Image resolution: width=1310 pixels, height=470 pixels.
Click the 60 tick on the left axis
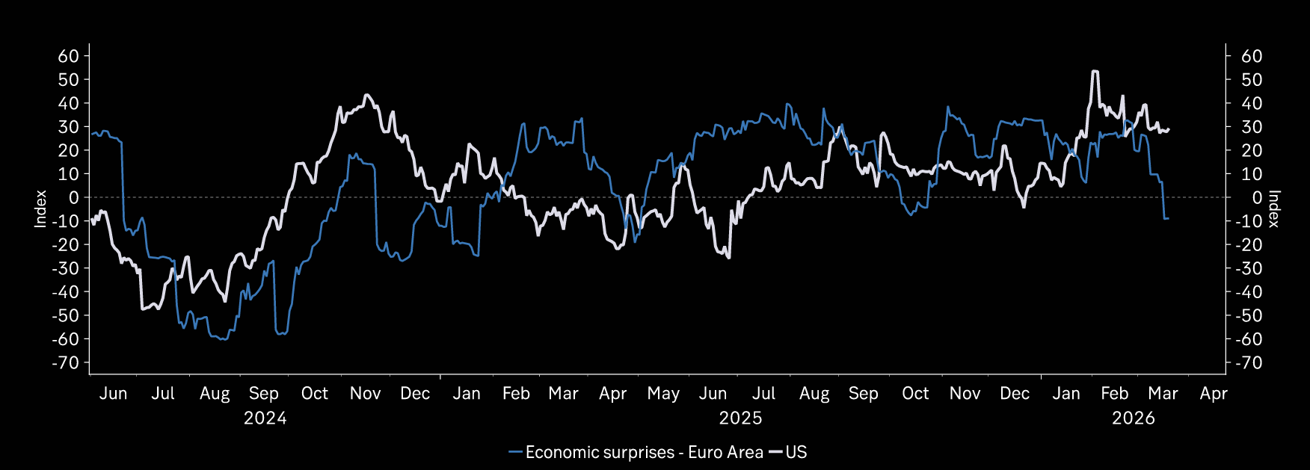pyautogui.click(x=68, y=56)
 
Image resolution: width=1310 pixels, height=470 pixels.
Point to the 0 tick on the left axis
pyautogui.click(x=73, y=197)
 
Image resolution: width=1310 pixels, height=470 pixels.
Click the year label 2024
pyautogui.click(x=265, y=418)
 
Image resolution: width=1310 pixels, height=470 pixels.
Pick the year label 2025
pyautogui.click(x=740, y=418)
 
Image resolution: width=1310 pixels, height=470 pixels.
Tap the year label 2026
pyautogui.click(x=1133, y=418)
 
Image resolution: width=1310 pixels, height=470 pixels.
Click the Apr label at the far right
pyautogui.click(x=1213, y=394)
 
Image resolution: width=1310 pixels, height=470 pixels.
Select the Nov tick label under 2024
pyautogui.click(x=365, y=394)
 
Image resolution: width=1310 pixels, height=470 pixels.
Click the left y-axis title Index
pyautogui.click(x=41, y=208)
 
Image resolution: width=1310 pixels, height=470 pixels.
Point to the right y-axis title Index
pyautogui.click(x=1274, y=208)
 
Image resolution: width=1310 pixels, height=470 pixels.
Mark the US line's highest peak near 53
pyautogui.click(x=1095, y=72)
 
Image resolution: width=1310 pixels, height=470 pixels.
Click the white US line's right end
pyautogui.click(x=1169, y=129)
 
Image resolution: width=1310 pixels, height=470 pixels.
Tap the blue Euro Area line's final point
pyautogui.click(x=1168, y=218)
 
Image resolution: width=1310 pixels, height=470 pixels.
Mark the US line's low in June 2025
pyautogui.click(x=728, y=257)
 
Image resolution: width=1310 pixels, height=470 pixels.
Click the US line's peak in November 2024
pyautogui.click(x=366, y=96)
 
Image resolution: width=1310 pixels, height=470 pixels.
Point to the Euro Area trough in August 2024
pyautogui.click(x=223, y=340)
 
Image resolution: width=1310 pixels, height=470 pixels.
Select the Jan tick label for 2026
pyautogui.click(x=1065, y=394)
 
